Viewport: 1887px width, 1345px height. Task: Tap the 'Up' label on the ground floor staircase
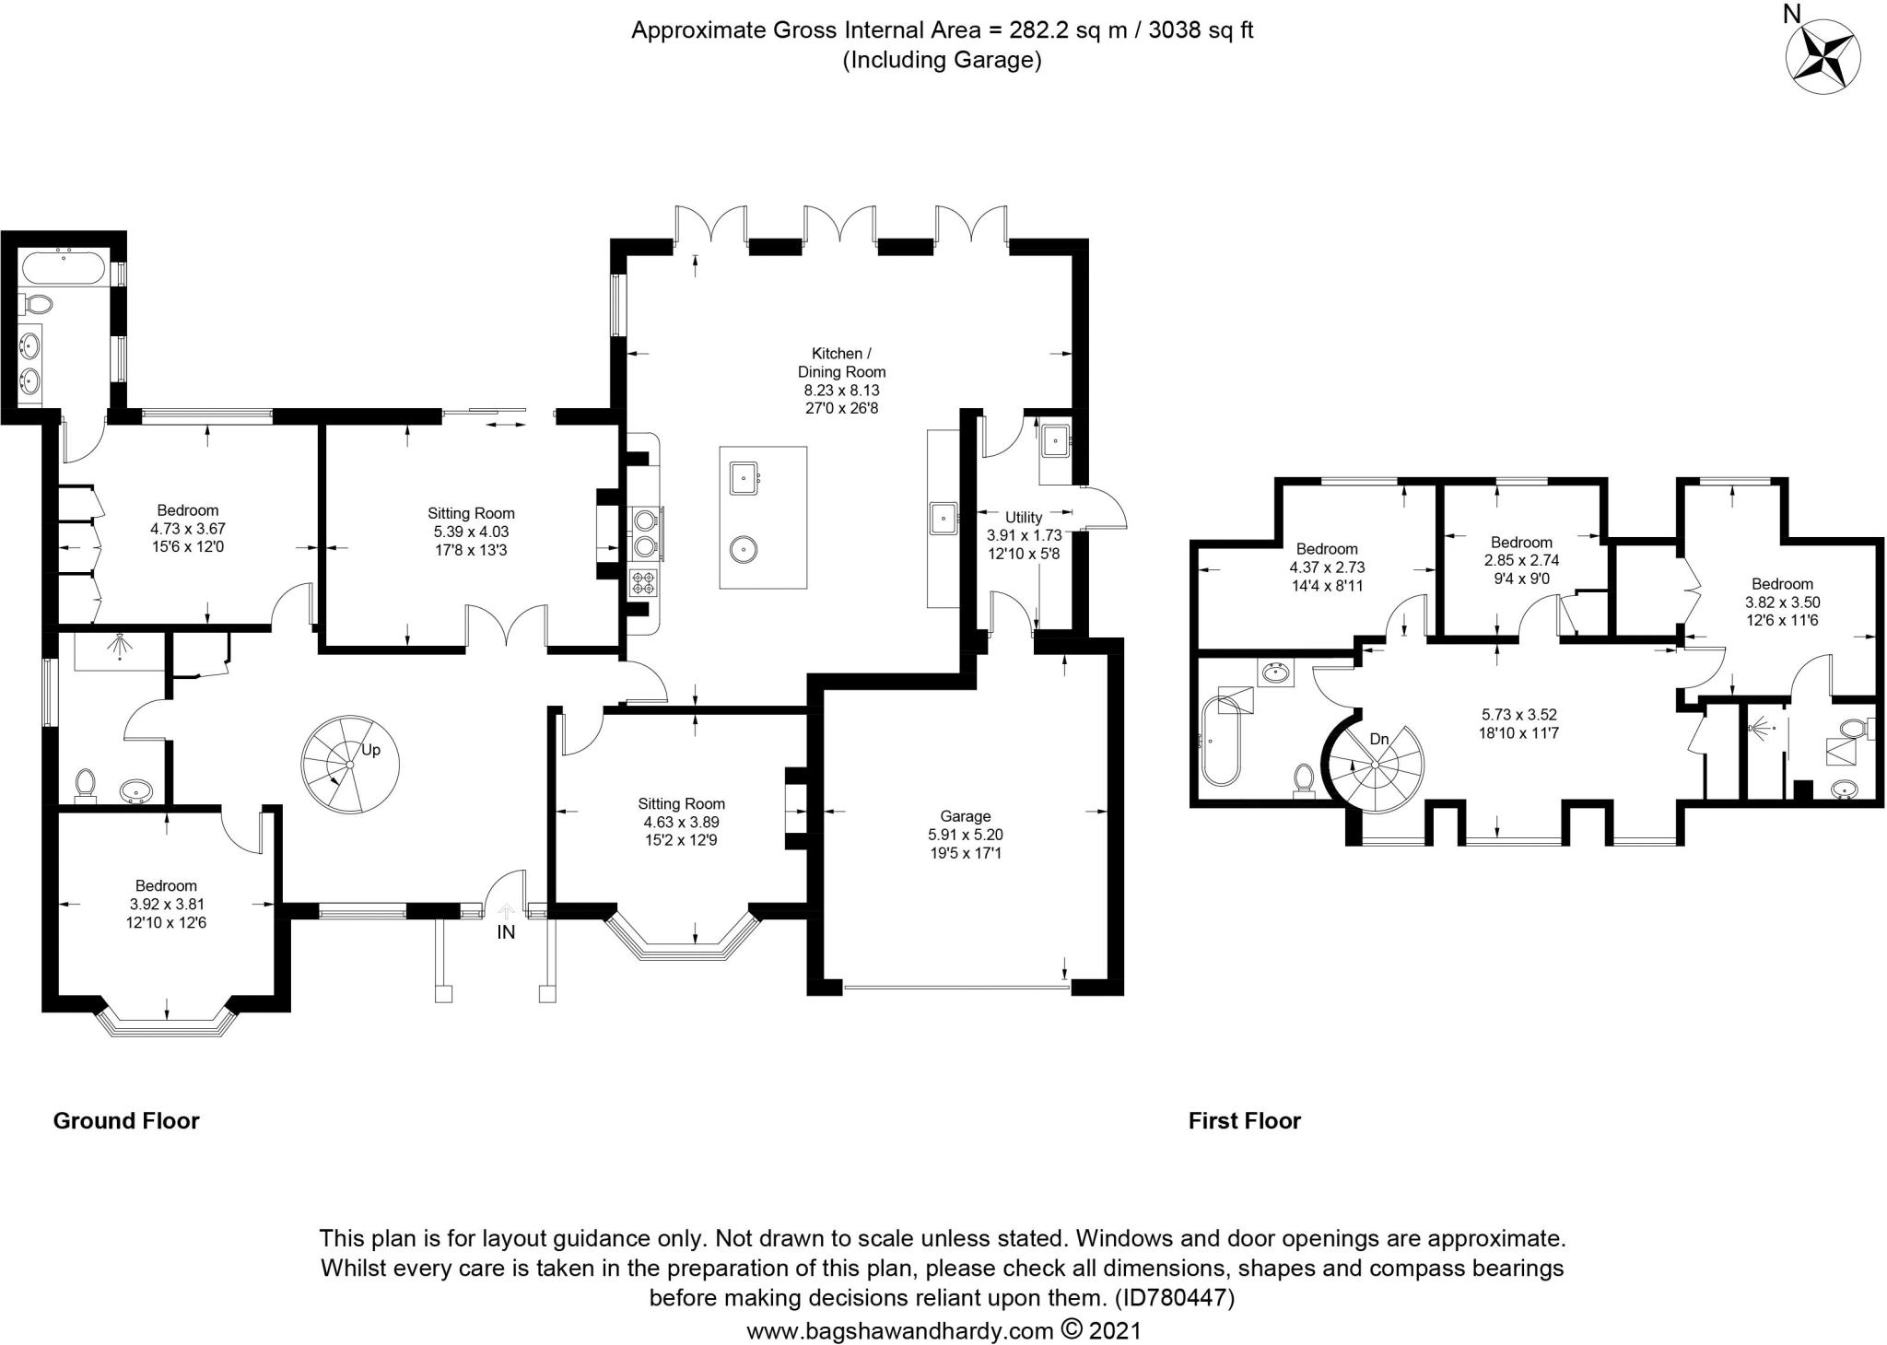(370, 750)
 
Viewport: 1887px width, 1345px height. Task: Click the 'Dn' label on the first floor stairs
(1379, 739)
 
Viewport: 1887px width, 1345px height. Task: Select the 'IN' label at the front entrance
(506, 932)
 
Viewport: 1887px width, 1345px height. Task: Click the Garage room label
(966, 816)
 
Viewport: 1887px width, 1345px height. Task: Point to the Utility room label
(1024, 518)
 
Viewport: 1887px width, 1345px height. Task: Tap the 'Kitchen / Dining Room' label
(841, 363)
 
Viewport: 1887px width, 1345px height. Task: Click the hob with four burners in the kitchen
(643, 582)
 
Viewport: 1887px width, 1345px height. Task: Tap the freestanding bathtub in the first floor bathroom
(1222, 740)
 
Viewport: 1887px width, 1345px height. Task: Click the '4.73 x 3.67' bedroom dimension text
(188, 529)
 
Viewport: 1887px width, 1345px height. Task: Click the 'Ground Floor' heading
(126, 1121)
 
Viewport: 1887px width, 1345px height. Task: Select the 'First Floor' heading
(1245, 1121)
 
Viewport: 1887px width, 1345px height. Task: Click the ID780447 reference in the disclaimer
(1174, 1298)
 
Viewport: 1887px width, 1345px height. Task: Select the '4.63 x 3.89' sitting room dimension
(682, 823)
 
